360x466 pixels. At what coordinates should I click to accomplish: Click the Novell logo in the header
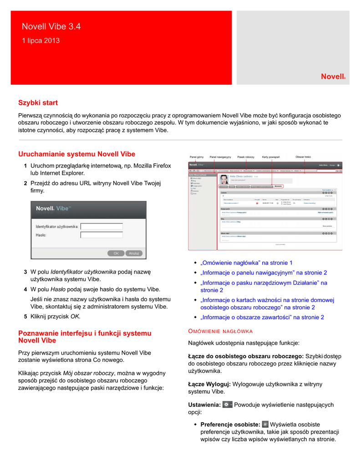coord(333,77)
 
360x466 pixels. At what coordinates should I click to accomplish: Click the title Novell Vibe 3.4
coord(51,27)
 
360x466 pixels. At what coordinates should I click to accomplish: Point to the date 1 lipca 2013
coord(41,41)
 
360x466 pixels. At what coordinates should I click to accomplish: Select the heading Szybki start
coord(38,103)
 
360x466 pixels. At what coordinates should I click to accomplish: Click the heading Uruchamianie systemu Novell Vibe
coord(76,154)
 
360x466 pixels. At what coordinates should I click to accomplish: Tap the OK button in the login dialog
coord(116,253)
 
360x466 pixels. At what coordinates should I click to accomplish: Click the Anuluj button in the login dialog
coord(134,253)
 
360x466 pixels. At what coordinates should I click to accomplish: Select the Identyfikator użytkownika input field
coord(101,226)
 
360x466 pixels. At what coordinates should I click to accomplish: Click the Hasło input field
coord(101,235)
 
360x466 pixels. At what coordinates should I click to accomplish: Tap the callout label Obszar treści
coord(304,157)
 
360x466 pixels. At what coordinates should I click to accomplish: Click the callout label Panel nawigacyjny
coord(220,157)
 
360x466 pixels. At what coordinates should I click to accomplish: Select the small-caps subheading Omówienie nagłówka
coord(220,331)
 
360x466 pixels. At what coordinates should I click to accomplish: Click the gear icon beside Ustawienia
coord(228,404)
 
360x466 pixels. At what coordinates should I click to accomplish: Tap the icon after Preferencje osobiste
coord(266,424)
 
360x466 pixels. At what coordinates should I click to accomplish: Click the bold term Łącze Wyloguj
coord(209,384)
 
